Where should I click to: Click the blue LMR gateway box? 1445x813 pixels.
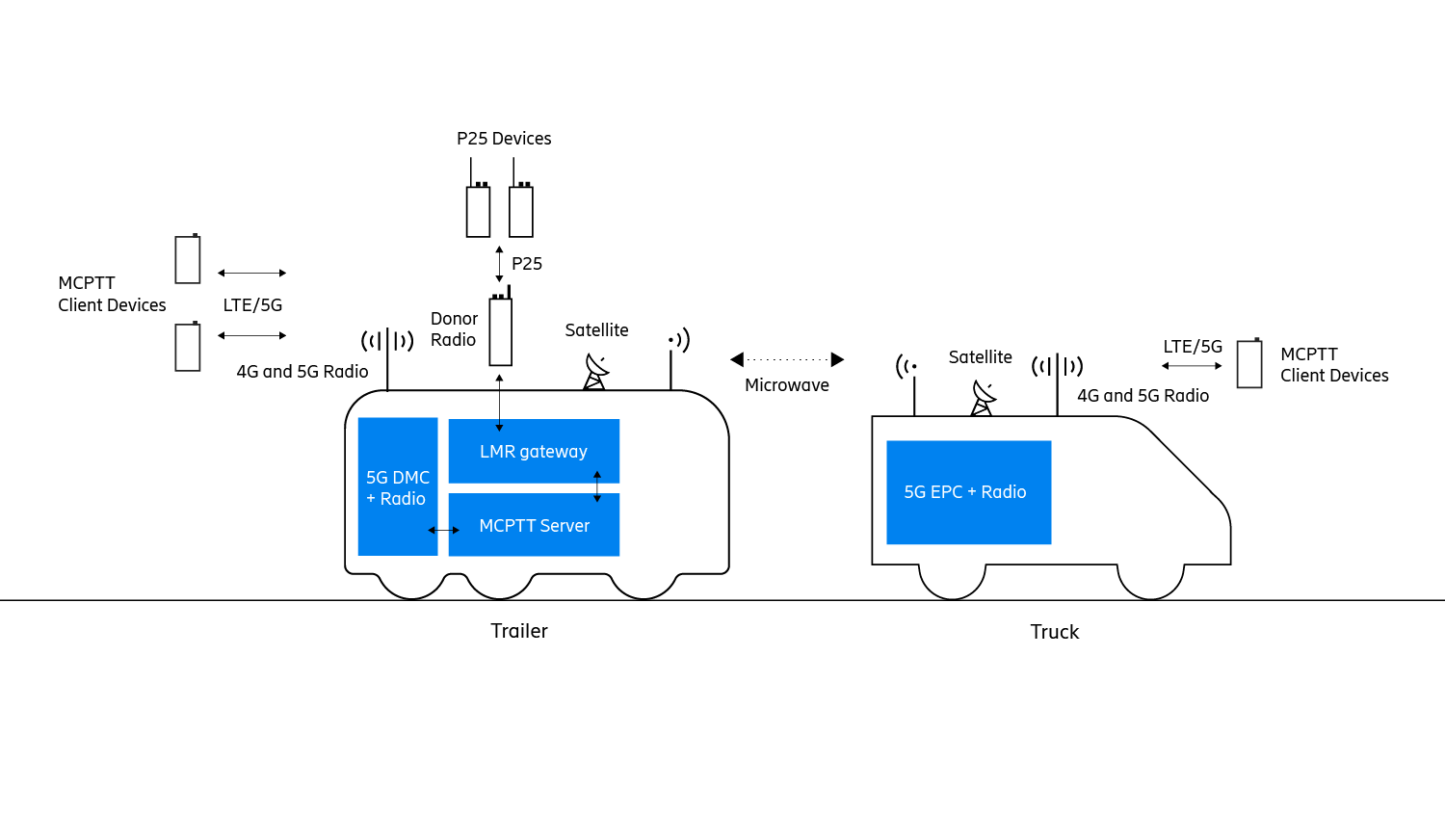pyautogui.click(x=534, y=451)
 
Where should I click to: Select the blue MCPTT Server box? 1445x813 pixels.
pyautogui.click(x=534, y=525)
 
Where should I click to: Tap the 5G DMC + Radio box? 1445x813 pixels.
pyautogui.click(x=398, y=487)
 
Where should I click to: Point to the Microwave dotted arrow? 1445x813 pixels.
pyautogui.click(x=787, y=359)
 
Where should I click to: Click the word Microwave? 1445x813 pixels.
pyautogui.click(x=787, y=385)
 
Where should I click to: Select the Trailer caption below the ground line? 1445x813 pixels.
pyautogui.click(x=519, y=631)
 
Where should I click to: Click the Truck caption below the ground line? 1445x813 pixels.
pyautogui.click(x=1055, y=632)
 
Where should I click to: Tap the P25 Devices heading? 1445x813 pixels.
pyautogui.click(x=504, y=139)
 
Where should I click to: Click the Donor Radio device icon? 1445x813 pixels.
pyautogui.click(x=501, y=330)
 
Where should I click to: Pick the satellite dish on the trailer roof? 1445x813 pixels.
pyautogui.click(x=596, y=372)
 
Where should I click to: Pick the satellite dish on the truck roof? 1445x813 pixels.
pyautogui.click(x=983, y=398)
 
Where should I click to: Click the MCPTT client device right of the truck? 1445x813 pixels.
pyautogui.click(x=1249, y=363)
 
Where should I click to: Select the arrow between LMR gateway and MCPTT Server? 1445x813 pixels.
pyautogui.click(x=597, y=486)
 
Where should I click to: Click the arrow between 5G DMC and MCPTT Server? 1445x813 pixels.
pyautogui.click(x=444, y=530)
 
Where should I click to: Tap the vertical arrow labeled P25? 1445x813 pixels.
pyautogui.click(x=499, y=264)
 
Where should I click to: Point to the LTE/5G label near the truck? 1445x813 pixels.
pyautogui.click(x=1193, y=347)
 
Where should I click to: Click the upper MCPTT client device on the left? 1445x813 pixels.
pyautogui.click(x=188, y=259)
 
